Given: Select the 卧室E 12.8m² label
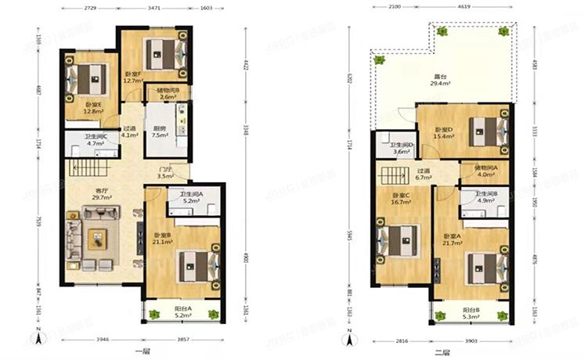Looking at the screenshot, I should (x=94, y=108).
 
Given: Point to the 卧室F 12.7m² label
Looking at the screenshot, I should (x=132, y=77).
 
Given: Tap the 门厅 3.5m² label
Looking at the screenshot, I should (x=165, y=173).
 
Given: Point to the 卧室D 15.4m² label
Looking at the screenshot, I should (x=444, y=133).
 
